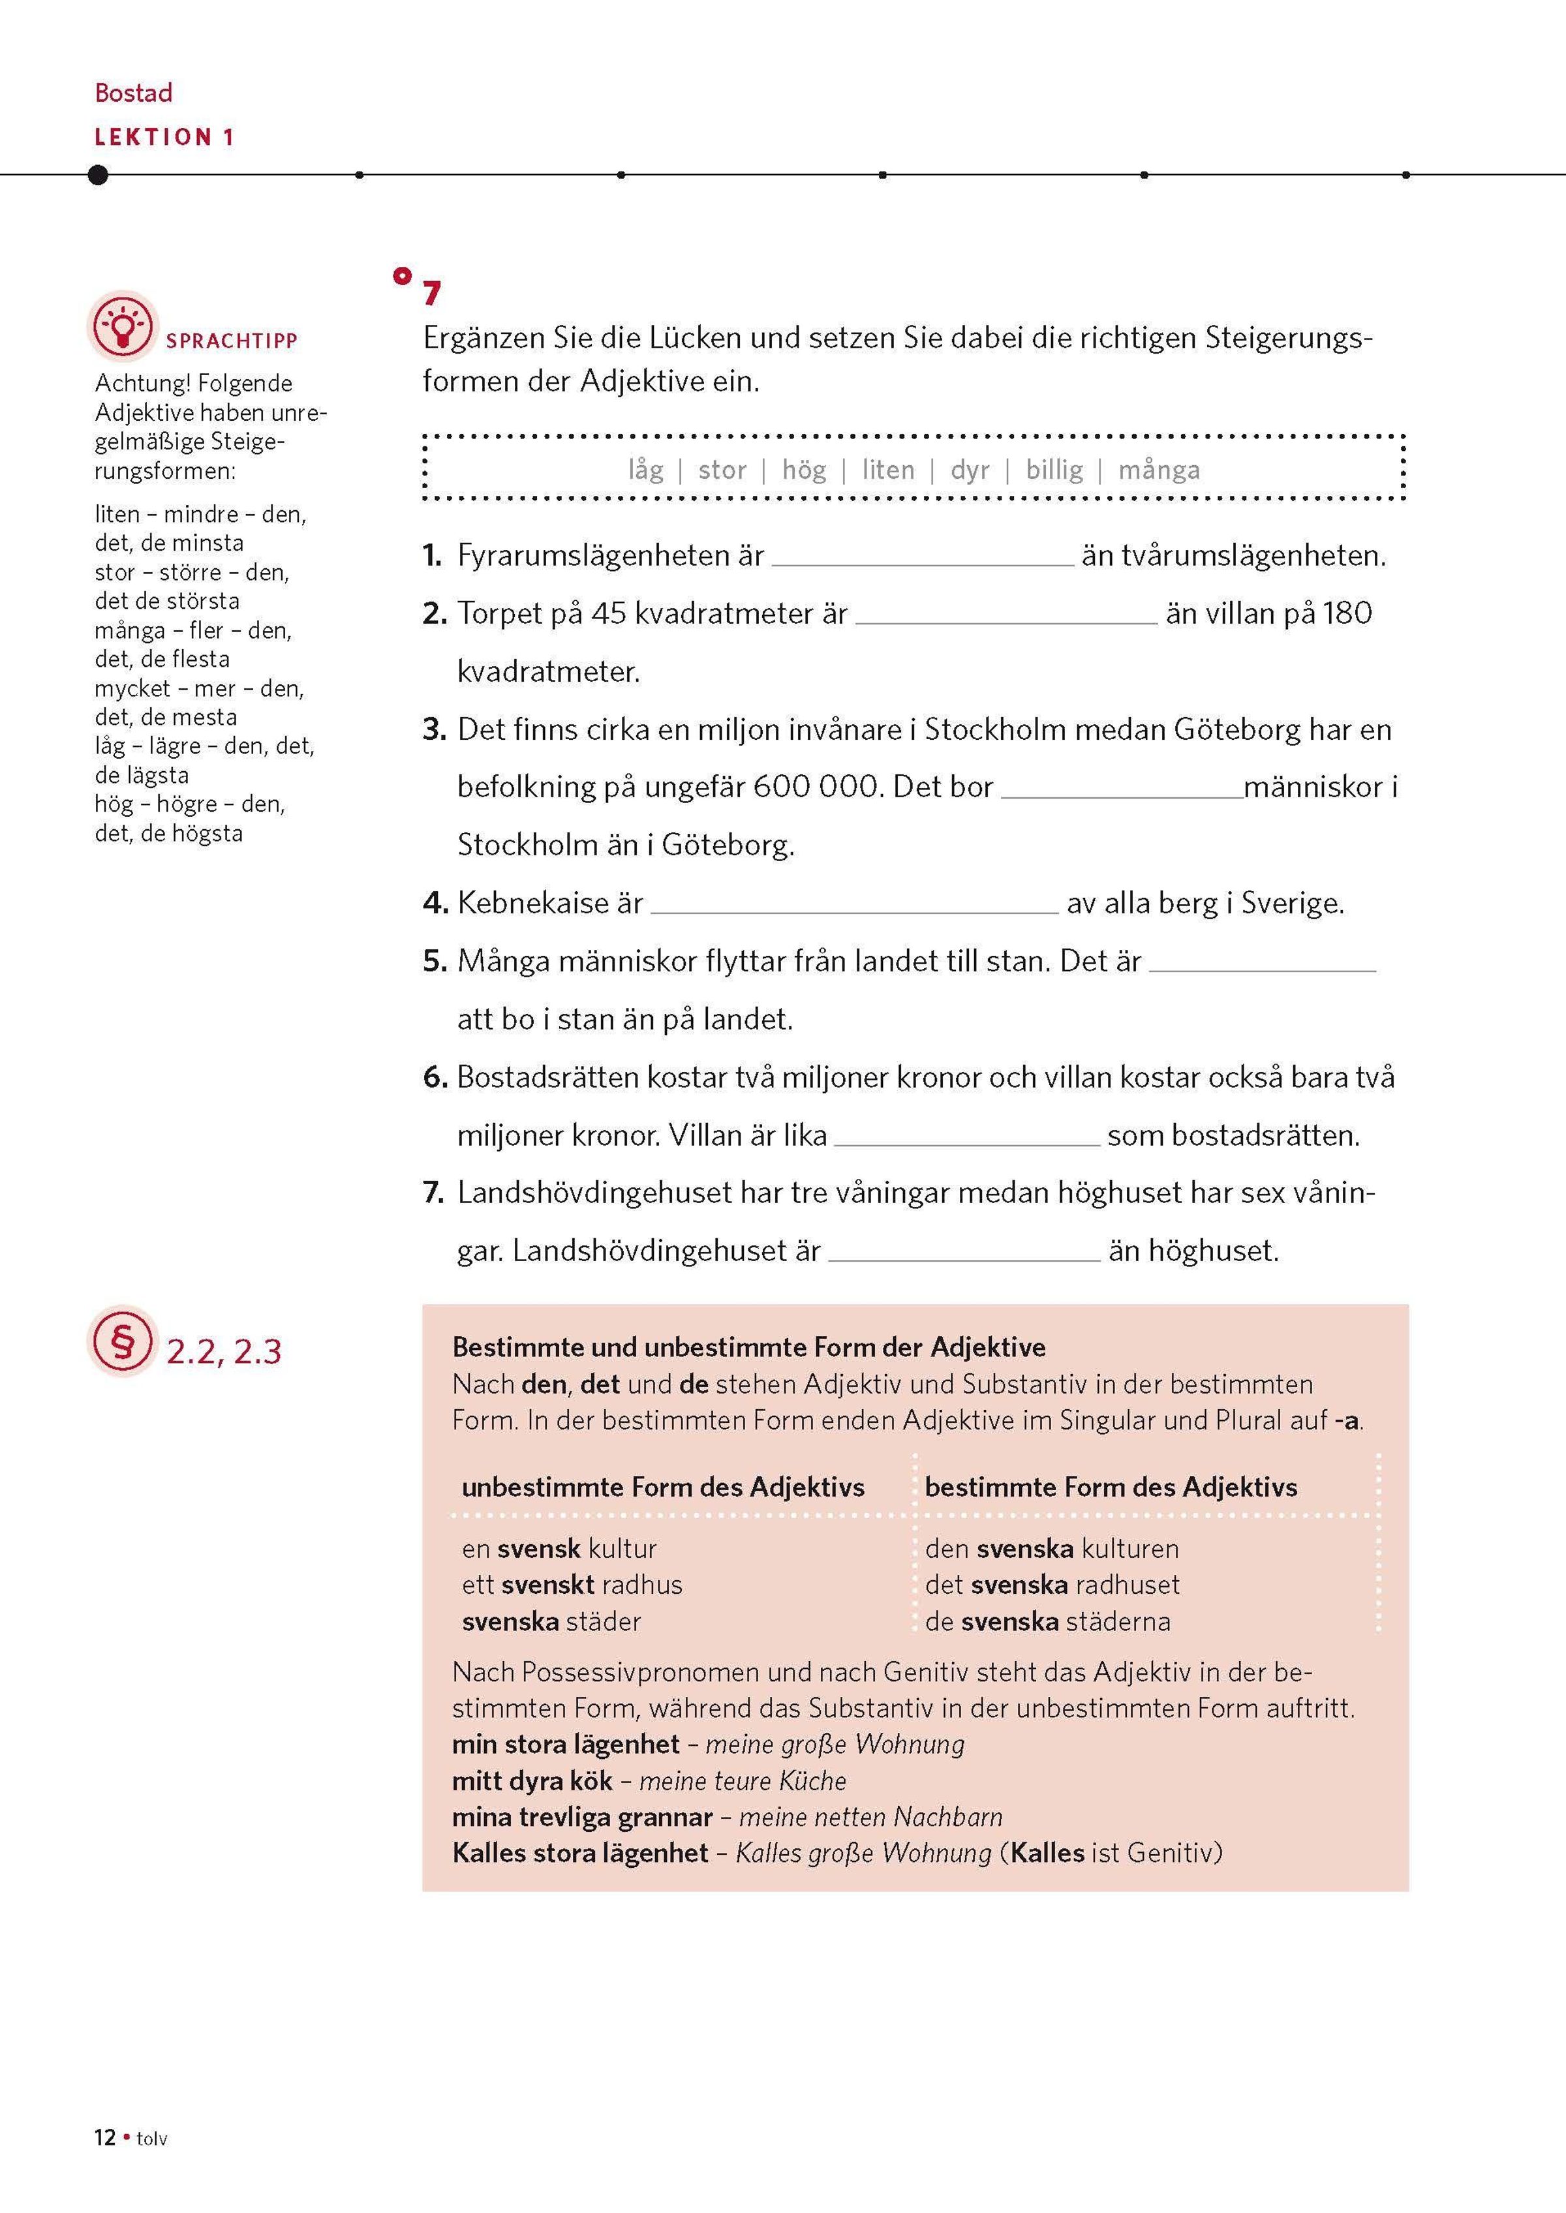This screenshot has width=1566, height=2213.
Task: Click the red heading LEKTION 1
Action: pyautogui.click(x=164, y=137)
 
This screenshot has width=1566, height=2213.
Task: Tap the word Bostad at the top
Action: pyautogui.click(x=133, y=93)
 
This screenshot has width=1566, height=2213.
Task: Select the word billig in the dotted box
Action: pyautogui.click(x=1054, y=470)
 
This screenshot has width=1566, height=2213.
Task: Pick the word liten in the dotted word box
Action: pyautogui.click(x=887, y=470)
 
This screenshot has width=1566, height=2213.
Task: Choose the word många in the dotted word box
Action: pyautogui.click(x=1159, y=470)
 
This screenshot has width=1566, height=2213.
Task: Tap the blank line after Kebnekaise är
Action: pyautogui.click(x=854, y=906)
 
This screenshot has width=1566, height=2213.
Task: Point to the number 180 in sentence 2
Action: pyautogui.click(x=1347, y=613)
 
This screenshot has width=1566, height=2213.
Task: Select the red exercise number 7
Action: pyautogui.click(x=432, y=292)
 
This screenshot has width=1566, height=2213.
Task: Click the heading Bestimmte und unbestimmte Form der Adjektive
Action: pyautogui.click(x=748, y=1347)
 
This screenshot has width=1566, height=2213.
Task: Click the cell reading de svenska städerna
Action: pyautogui.click(x=1047, y=1621)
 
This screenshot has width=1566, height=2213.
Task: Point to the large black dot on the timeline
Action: pyautogui.click(x=97, y=175)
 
